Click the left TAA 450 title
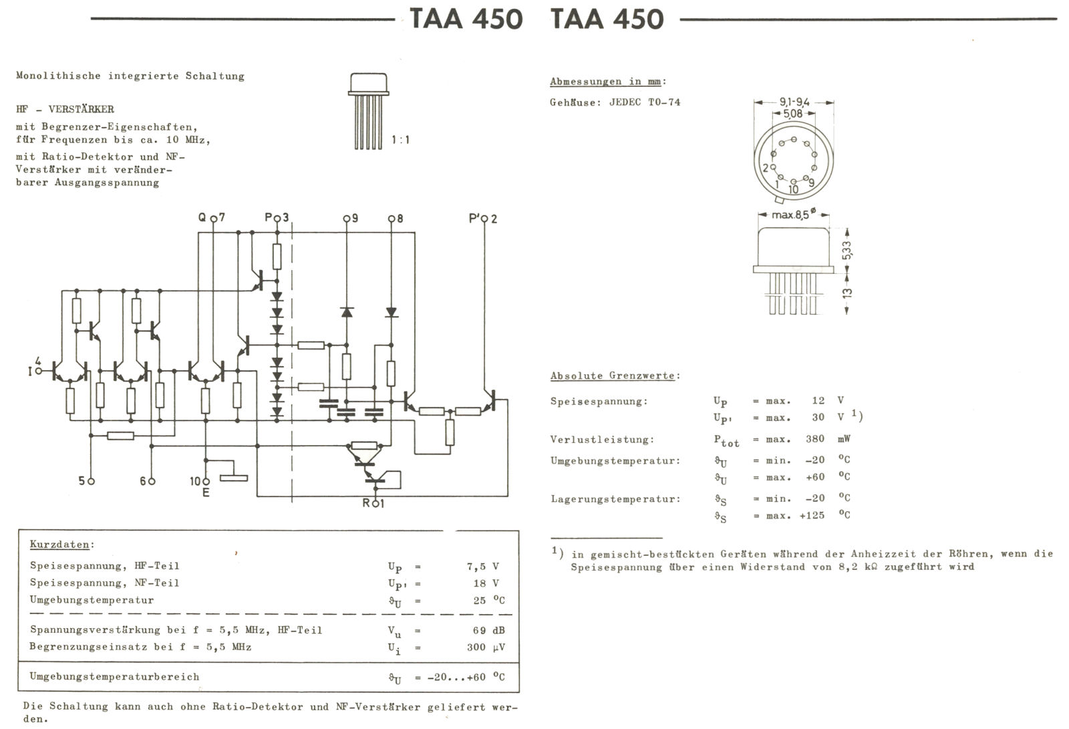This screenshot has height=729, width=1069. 466,19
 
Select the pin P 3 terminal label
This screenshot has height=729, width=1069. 277,218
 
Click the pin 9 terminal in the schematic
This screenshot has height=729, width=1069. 347,218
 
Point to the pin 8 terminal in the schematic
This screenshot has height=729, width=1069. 392,218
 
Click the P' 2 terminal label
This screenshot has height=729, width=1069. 483,218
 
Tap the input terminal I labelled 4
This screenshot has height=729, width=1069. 38,370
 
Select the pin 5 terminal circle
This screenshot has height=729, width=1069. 92,481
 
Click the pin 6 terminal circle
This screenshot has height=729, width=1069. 153,481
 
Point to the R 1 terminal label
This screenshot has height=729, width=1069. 373,503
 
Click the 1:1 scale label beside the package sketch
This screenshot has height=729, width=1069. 400,140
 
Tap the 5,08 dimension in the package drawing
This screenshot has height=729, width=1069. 793,114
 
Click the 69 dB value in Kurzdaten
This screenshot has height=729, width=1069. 486,630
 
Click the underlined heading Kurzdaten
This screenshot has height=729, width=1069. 59,545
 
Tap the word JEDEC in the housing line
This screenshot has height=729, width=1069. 625,102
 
